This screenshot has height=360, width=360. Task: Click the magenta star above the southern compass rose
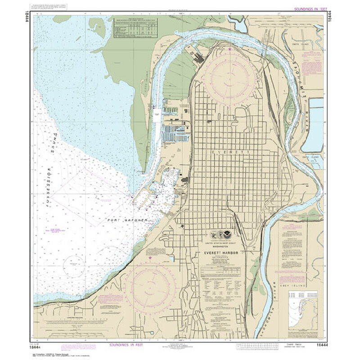(149, 258)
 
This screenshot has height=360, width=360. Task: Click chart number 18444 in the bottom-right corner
(316, 345)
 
